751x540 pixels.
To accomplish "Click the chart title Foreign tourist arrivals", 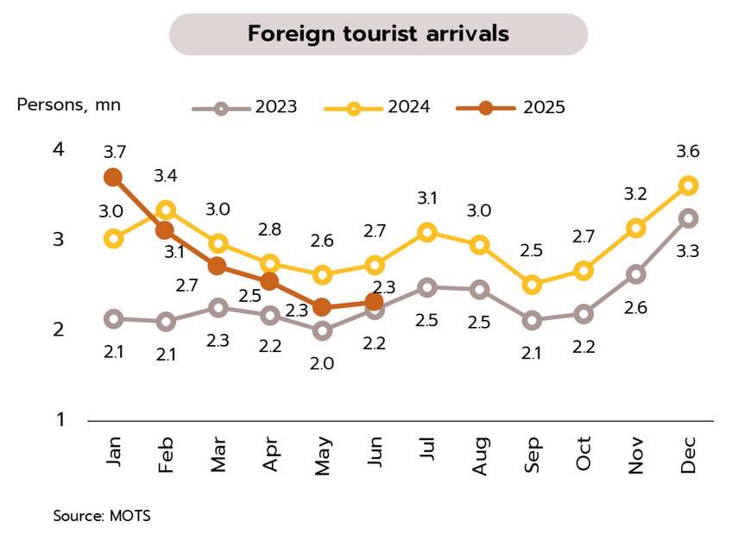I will click(x=378, y=34).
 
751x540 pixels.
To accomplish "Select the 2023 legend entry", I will click(x=244, y=108).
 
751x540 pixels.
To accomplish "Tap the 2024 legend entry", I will click(x=377, y=108).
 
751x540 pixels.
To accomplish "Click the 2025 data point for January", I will click(x=113, y=177).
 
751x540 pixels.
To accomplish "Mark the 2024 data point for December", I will click(x=689, y=185).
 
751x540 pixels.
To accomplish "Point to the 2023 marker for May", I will click(x=323, y=330).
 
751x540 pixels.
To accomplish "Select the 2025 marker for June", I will click(x=375, y=301).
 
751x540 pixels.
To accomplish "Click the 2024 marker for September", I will click(x=533, y=285).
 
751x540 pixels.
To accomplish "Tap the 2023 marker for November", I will click(x=636, y=274).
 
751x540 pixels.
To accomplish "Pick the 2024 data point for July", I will click(x=427, y=232).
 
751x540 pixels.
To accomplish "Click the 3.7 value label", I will click(x=115, y=152).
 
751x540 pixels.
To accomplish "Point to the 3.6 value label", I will click(x=688, y=152).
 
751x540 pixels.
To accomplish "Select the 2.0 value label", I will click(x=322, y=363).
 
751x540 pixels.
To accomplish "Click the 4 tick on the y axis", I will click(x=59, y=149).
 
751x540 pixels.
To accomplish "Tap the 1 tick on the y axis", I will click(x=60, y=420).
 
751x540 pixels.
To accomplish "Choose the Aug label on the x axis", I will click(x=481, y=455).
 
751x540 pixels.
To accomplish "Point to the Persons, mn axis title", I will click(x=69, y=105).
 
